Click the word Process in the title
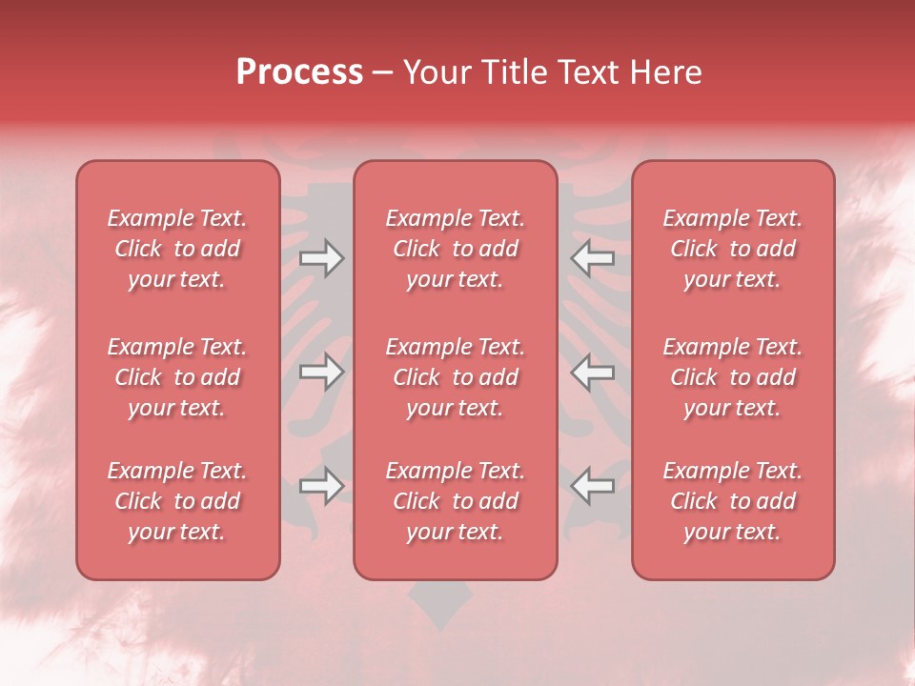coord(299,72)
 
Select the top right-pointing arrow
coord(321,258)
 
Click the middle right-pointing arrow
coord(321,372)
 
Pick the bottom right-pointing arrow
coord(321,485)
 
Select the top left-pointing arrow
coord(593,258)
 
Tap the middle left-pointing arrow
coord(593,372)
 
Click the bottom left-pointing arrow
coord(593,485)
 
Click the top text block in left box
coord(177,249)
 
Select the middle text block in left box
coord(177,377)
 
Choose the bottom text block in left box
coord(177,501)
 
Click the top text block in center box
coord(455,249)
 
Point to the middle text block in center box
coord(455,377)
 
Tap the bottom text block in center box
coord(455,501)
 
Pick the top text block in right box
coord(732,249)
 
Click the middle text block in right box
coord(732,377)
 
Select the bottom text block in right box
coord(732,501)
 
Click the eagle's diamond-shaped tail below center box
coord(439,606)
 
